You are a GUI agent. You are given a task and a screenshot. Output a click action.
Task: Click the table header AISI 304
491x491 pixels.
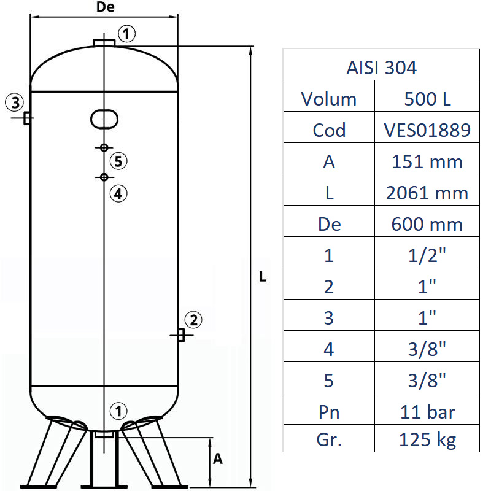click(x=381, y=67)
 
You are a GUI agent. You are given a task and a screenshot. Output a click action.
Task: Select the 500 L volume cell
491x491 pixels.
click(x=428, y=98)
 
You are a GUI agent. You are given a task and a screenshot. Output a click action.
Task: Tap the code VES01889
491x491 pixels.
click(x=428, y=130)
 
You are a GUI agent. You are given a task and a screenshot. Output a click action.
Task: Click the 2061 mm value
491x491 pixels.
click(x=428, y=193)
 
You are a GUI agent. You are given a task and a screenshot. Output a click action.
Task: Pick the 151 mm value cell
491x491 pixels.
click(x=428, y=161)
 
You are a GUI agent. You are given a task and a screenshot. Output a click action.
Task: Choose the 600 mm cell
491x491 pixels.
click(x=428, y=224)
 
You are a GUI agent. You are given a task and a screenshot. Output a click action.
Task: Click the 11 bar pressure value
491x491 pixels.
click(x=428, y=411)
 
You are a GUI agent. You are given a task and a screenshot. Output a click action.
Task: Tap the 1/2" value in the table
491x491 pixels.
click(x=428, y=255)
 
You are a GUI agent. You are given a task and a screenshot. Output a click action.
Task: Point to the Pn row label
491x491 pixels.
click(x=329, y=411)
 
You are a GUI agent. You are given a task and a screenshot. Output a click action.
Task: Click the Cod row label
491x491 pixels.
click(x=329, y=130)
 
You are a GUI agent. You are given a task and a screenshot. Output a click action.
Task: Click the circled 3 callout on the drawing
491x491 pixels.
click(x=15, y=101)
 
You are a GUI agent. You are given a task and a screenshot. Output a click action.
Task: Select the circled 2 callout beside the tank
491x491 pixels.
click(x=193, y=319)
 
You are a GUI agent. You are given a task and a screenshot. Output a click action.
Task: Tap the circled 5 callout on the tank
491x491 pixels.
click(x=119, y=161)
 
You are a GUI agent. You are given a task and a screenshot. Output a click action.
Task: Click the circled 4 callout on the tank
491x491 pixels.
click(x=119, y=193)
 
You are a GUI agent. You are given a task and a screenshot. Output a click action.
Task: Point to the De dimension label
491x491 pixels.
click(x=106, y=7)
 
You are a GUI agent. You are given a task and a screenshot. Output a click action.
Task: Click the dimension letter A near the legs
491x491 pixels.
click(x=217, y=459)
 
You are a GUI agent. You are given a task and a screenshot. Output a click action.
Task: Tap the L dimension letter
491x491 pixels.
click(x=262, y=277)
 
